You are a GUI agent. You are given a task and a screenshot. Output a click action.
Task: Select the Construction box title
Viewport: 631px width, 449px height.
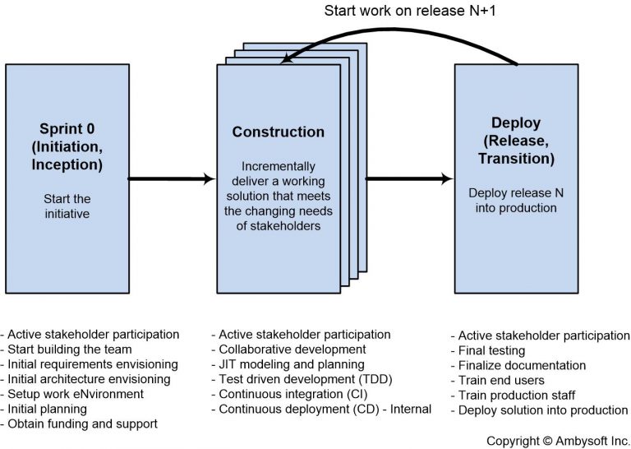coord(278,132)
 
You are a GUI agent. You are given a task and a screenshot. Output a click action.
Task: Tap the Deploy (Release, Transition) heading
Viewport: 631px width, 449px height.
coord(517,140)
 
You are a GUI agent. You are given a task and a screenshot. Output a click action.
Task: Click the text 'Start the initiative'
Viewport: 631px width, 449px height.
coord(67,206)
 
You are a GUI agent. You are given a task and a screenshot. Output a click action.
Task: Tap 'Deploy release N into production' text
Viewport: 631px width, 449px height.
coord(517,201)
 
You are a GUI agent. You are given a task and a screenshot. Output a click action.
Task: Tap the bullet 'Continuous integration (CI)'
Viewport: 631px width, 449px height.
coord(292,394)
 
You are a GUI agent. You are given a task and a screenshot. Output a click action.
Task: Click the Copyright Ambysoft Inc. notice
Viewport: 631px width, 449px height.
coord(557,441)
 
